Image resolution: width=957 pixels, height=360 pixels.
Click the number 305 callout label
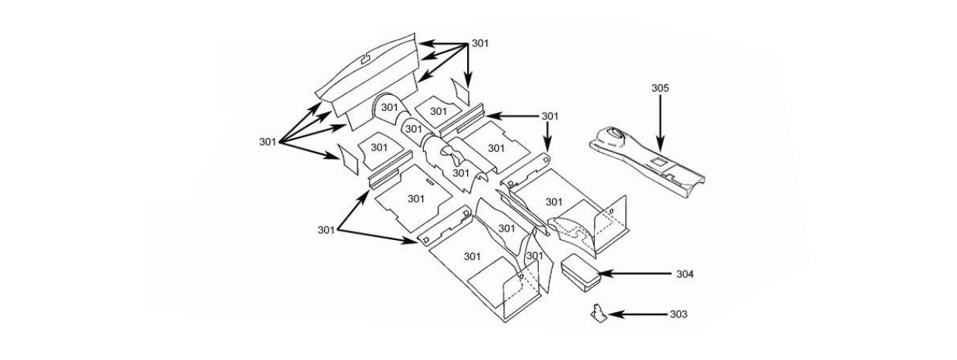(660, 88)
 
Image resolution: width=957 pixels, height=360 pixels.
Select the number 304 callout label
(686, 273)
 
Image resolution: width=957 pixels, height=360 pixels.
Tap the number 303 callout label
(678, 314)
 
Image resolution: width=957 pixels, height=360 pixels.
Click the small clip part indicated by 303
(599, 313)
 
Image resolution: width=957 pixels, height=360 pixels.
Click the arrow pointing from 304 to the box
(634, 273)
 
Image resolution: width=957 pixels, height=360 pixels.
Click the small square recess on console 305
(659, 162)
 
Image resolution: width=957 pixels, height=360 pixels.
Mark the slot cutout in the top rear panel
(365, 57)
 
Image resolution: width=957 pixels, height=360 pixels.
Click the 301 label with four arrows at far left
(267, 141)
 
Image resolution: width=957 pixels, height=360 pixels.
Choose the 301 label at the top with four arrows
(480, 43)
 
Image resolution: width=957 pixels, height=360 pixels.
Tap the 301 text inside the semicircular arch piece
(390, 108)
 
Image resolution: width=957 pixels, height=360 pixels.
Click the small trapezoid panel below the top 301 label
(462, 94)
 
